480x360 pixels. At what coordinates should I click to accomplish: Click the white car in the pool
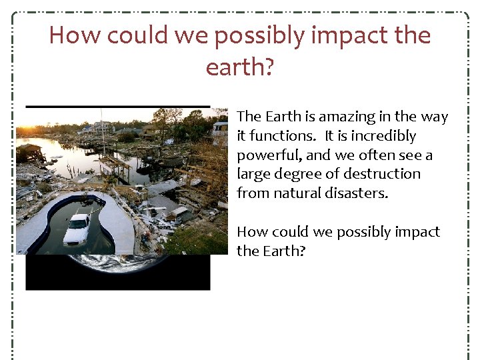click(77, 228)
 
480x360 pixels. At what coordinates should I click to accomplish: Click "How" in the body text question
click(251, 231)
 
